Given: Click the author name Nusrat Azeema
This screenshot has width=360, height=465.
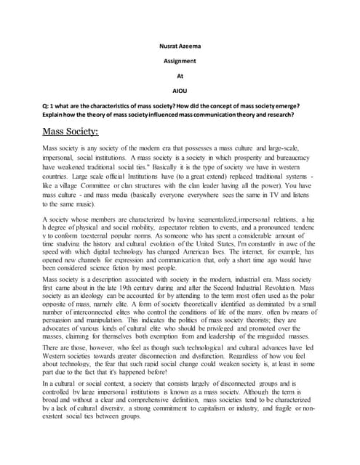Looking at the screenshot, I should tap(180, 46).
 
